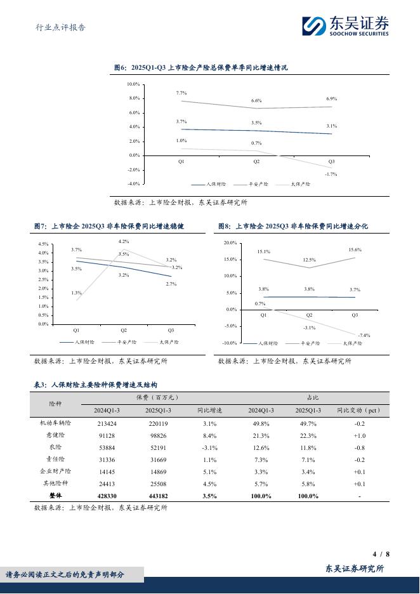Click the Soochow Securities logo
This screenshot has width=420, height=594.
(345, 25)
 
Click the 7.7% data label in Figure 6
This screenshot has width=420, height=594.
(181, 93)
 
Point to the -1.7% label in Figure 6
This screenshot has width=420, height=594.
(331, 174)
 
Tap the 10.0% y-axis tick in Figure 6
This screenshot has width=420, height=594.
(133, 84)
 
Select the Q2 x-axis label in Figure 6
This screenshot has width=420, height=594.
(256, 162)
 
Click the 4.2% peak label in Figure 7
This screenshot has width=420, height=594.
(124, 242)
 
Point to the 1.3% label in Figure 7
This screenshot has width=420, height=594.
(76, 293)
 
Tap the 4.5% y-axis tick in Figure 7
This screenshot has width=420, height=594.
(43, 244)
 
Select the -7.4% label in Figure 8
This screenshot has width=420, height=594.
(364, 334)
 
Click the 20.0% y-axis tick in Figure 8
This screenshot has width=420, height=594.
(230, 243)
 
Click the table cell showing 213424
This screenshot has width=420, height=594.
(103, 423)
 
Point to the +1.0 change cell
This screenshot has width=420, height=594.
(359, 435)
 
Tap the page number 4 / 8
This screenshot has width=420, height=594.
(381, 554)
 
